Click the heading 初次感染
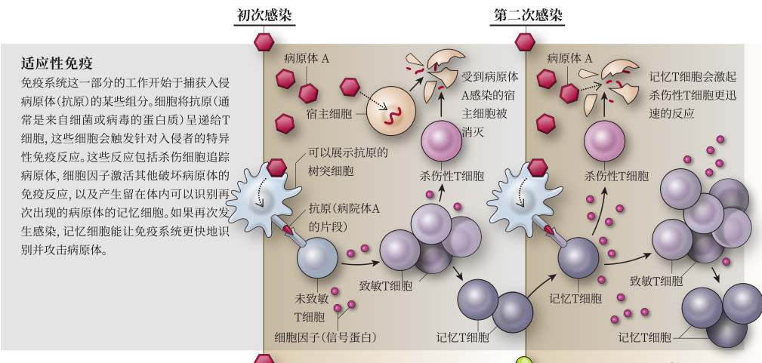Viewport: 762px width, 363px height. click(264, 15)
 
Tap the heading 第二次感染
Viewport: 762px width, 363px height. click(528, 15)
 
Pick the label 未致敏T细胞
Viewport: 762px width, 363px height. click(310, 307)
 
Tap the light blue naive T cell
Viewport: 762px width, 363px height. click(317, 258)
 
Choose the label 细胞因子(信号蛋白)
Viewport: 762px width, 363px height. click(325, 337)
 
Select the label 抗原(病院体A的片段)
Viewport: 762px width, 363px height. click(344, 217)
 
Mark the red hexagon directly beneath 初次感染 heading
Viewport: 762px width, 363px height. click(264, 42)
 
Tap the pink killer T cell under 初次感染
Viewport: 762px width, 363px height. click(441, 140)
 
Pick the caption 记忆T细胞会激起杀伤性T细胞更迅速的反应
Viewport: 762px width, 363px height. click(693, 95)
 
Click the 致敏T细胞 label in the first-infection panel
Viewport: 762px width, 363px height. click(385, 287)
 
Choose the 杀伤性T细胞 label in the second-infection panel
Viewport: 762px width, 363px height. click(616, 177)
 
